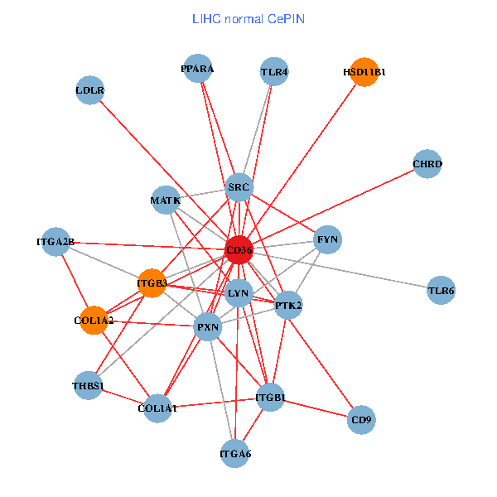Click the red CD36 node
click(x=239, y=249)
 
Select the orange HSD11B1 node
click(x=364, y=72)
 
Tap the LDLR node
click(x=89, y=90)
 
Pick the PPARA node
click(x=197, y=70)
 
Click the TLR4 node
click(x=273, y=72)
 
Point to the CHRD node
click(x=427, y=164)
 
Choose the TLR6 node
click(x=441, y=291)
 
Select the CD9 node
click(x=362, y=420)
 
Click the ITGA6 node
click(x=235, y=453)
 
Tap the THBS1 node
click(x=88, y=385)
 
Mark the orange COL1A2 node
click(x=94, y=321)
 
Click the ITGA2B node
click(x=55, y=242)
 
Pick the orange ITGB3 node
click(x=152, y=283)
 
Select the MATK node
click(x=166, y=200)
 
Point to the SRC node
click(x=239, y=188)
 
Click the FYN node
click(x=327, y=240)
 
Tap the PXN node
click(x=207, y=327)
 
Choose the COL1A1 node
click(x=157, y=408)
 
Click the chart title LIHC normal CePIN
click(x=248, y=17)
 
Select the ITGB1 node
click(x=270, y=398)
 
